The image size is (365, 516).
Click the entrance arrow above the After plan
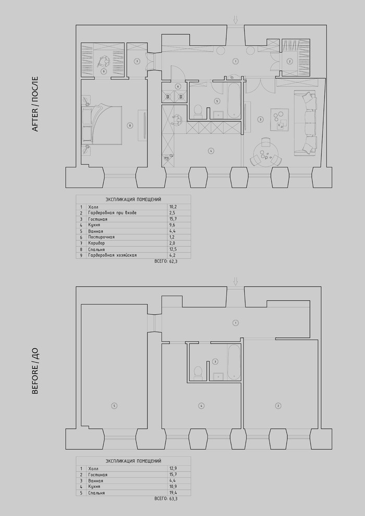pos(236,20)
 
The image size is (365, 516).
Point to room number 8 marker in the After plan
pos(130,125)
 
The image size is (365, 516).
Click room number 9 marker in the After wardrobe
pos(104,71)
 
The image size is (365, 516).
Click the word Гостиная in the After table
pos(98,219)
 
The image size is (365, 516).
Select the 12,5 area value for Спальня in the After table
pos(173,249)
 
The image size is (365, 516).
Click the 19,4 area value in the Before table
pos(173,493)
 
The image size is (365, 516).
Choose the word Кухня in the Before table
pos(95,486)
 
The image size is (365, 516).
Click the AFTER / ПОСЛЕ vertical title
pos(36,104)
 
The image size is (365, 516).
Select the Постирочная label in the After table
pos(101,237)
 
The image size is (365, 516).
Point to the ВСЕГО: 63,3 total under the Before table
pos(166,499)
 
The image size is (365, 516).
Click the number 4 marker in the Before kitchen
pos(200,406)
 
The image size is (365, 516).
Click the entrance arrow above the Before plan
pos(236,281)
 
